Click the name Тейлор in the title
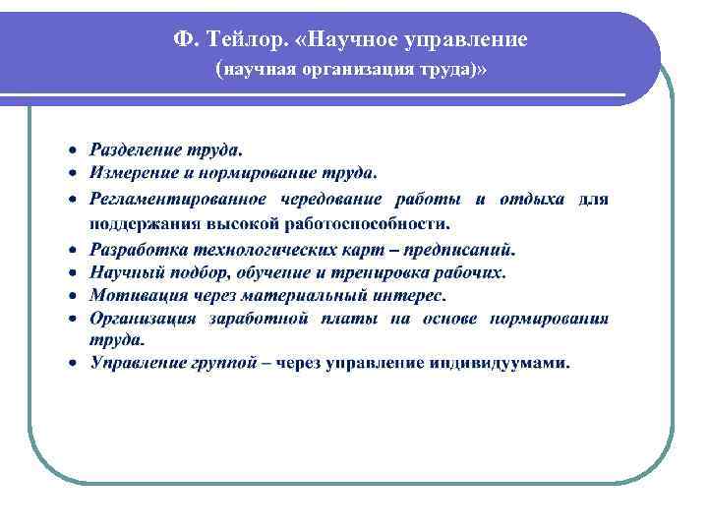pos(251,39)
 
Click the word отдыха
pos(532,199)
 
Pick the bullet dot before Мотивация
pos(73,295)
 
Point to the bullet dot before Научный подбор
pos(73,272)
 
